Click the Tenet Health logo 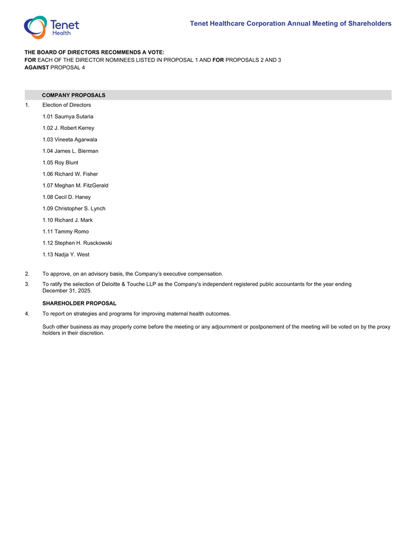click(51, 27)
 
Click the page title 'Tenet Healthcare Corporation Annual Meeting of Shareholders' click(290, 24)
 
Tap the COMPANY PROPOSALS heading click(73, 95)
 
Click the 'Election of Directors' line click(66, 105)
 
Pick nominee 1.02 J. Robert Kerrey click(68, 128)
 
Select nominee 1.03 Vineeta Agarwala click(70, 140)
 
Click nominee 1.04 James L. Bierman click(70, 151)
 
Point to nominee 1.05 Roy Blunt click(60, 163)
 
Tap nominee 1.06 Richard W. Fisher click(70, 174)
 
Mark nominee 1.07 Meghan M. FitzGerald click(75, 186)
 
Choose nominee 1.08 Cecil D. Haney click(66, 197)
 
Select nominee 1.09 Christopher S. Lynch click(73, 209)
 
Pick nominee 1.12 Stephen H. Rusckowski click(77, 243)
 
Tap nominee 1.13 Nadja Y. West click(66, 255)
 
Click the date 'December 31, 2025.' click(67, 291)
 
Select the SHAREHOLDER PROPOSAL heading click(79, 303)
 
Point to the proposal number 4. click(27, 314)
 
